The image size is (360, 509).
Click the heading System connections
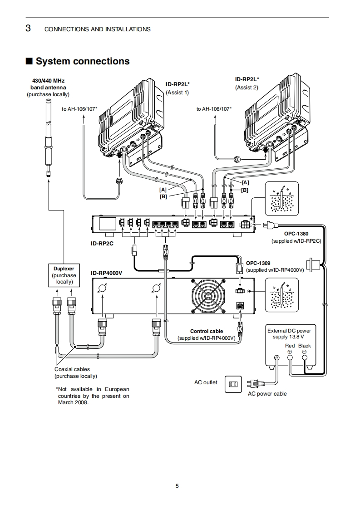[82, 61]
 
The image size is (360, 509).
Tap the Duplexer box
[64, 275]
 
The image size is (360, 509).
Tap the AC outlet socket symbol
[233, 384]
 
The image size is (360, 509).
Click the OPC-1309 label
[258, 263]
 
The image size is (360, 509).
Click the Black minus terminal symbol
[304, 352]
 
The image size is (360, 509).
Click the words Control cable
[206, 332]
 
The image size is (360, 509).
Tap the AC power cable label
[267, 394]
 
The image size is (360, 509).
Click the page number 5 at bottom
[177, 486]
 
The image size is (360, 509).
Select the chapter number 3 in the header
[28, 29]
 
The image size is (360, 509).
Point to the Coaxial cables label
[72, 369]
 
